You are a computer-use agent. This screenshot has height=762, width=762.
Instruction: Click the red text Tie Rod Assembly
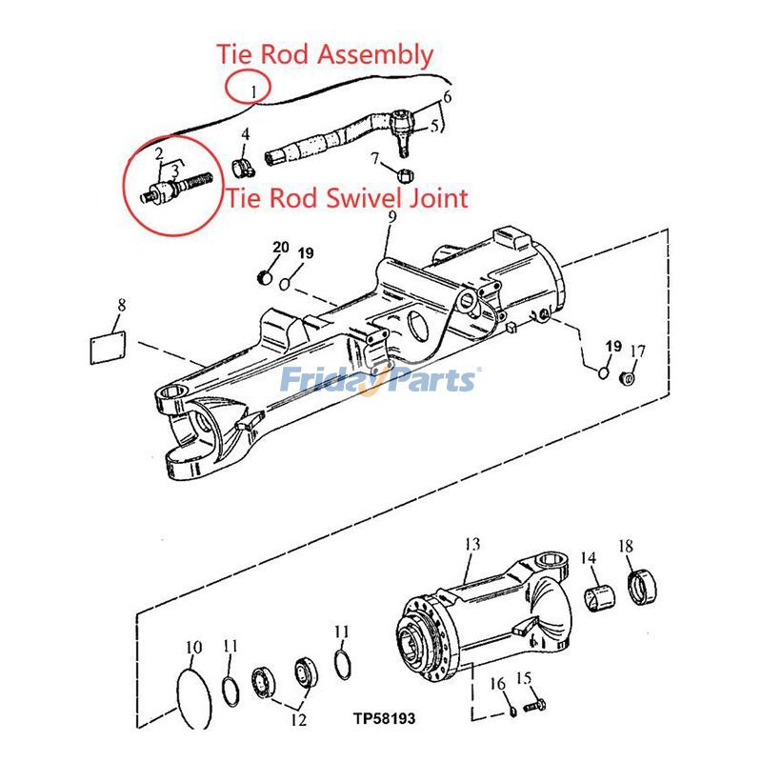(325, 54)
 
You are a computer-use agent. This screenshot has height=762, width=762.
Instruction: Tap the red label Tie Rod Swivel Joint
(347, 198)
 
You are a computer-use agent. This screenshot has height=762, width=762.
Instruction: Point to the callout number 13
(471, 544)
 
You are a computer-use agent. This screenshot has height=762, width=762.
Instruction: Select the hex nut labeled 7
(403, 175)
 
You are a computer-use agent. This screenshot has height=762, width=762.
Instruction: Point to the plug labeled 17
(629, 379)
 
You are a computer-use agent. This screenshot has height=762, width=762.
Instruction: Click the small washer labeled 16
(511, 707)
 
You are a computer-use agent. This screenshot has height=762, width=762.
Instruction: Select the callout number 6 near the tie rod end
(447, 95)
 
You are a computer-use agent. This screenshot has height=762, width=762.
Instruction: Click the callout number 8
(121, 306)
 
